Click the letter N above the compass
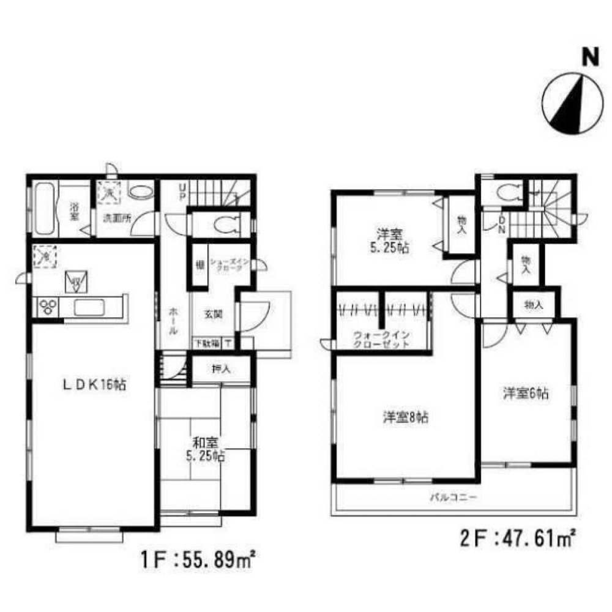(x=589, y=57)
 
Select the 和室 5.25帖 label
(x=203, y=449)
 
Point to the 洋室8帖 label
(x=405, y=418)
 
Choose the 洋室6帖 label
(x=525, y=395)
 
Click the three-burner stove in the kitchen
(x=48, y=307)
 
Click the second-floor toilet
(x=507, y=193)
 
